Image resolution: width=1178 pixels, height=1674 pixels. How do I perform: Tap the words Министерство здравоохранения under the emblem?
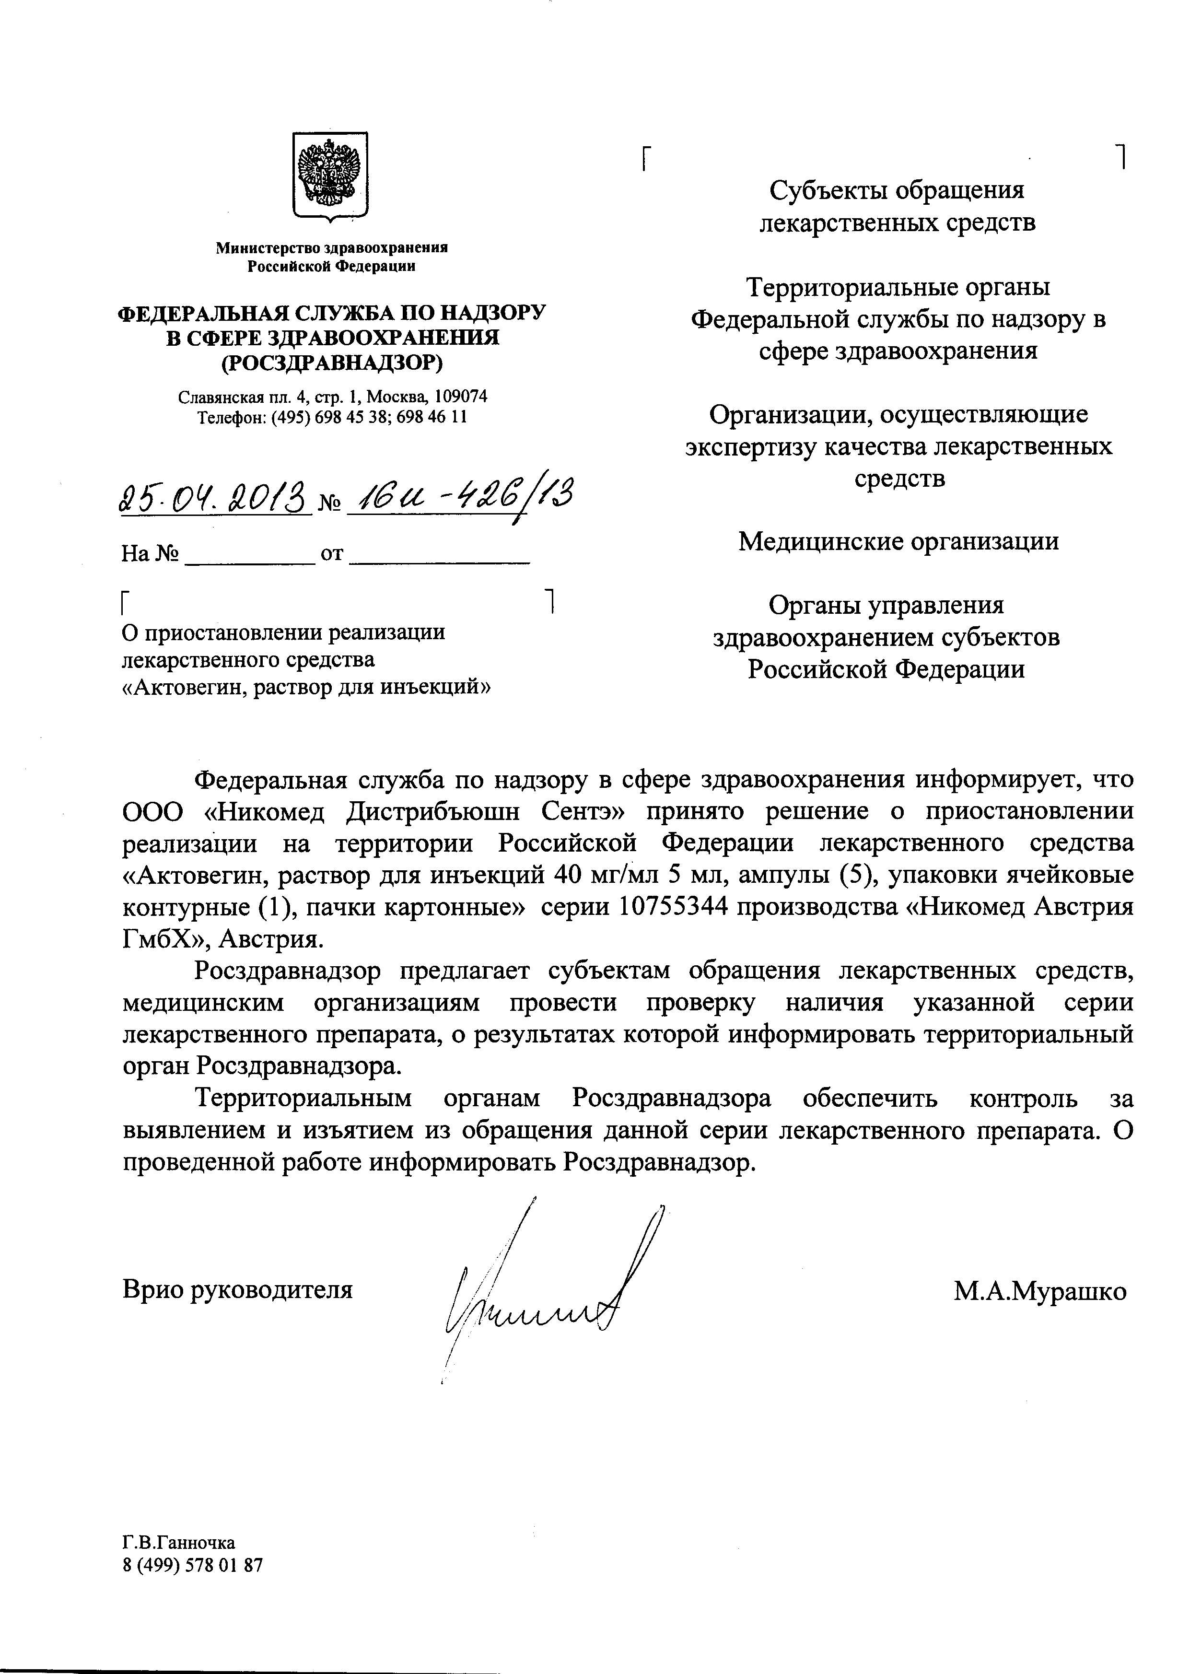point(332,248)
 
